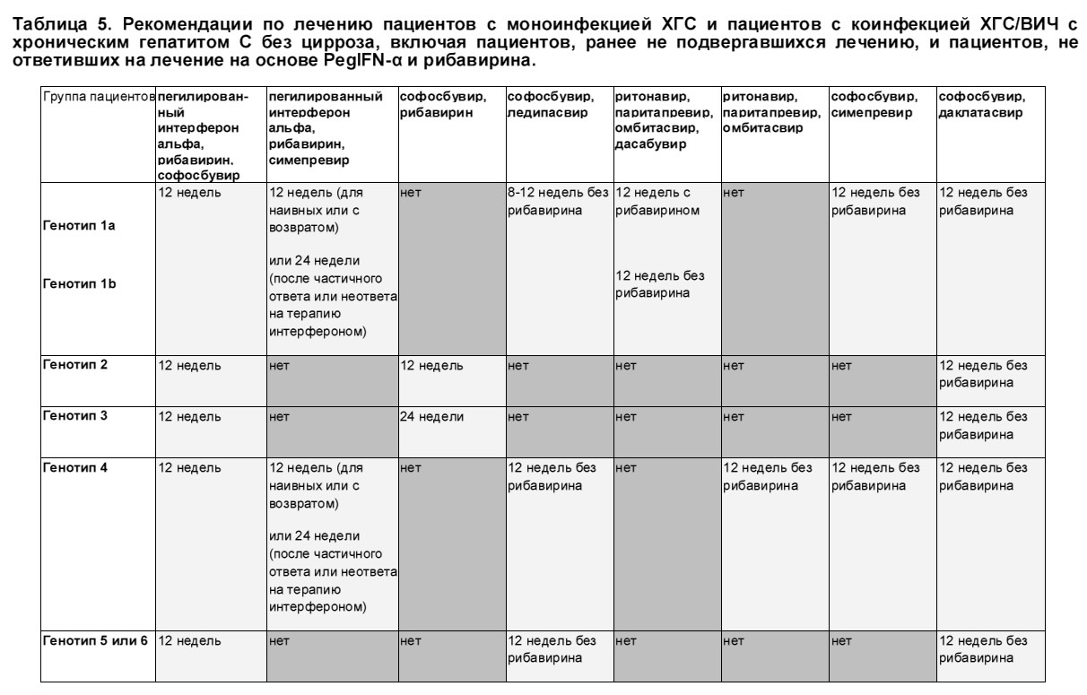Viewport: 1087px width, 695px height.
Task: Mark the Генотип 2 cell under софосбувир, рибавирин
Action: point(431,366)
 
